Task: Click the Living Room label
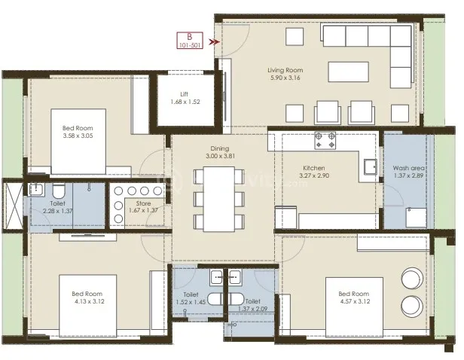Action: tap(285, 70)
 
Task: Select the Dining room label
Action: tap(220, 149)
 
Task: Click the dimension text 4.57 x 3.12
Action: tap(353, 301)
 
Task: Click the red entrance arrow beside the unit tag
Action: tap(215, 42)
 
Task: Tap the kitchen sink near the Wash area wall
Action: tap(369, 167)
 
